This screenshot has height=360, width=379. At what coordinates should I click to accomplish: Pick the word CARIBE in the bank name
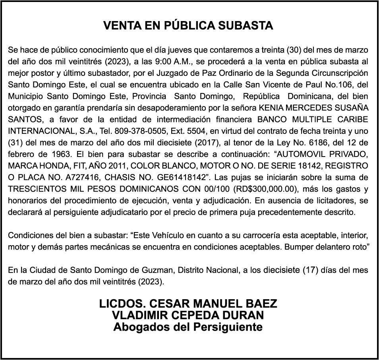point(353,119)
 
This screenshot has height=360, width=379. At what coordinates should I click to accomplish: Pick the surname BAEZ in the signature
point(261,304)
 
